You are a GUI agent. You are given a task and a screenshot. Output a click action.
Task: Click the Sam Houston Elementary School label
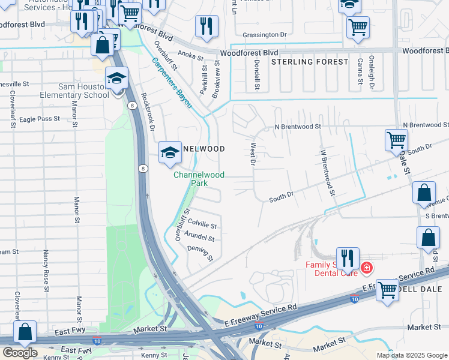coord(66,91)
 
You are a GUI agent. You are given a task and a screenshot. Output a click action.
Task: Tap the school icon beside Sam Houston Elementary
coord(116,79)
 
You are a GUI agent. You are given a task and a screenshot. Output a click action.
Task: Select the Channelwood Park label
coord(199,179)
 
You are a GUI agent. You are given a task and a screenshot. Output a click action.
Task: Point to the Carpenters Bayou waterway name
coord(171,82)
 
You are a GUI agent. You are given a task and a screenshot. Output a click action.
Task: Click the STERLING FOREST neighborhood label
coord(309,62)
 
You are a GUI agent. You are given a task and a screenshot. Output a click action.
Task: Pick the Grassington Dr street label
coord(262,35)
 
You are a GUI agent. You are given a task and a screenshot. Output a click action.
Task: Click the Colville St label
coord(202,224)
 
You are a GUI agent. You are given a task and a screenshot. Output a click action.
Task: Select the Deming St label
coord(200,253)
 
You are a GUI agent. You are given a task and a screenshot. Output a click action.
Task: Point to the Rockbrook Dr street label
coord(148,112)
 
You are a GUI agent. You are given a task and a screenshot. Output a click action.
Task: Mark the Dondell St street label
coord(256,77)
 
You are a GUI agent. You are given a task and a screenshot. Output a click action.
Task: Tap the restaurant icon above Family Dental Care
coord(348,258)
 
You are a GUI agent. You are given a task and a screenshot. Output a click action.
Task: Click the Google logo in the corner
coord(20,353)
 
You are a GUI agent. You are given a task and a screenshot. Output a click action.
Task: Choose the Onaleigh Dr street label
coord(372,77)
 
